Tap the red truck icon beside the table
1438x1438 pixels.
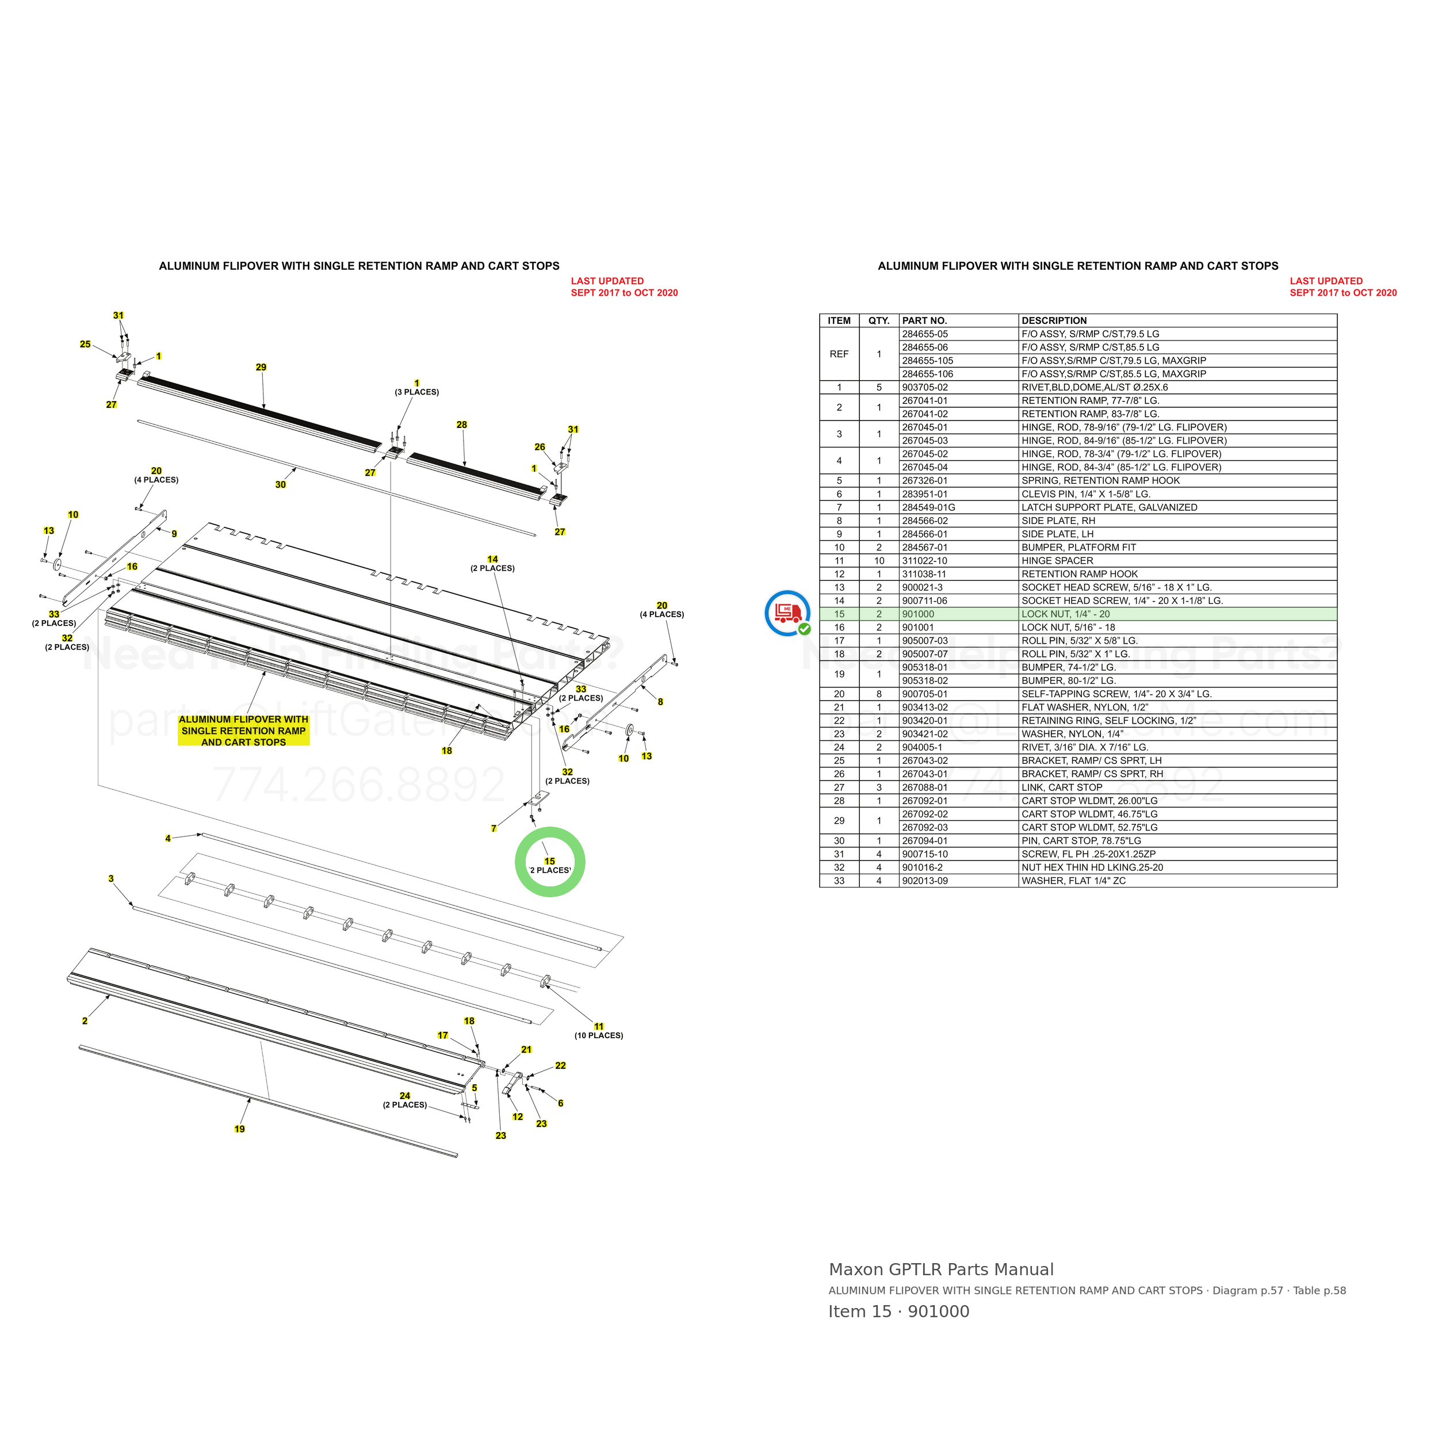pyautogui.click(x=787, y=613)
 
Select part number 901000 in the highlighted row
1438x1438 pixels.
pyautogui.click(x=917, y=614)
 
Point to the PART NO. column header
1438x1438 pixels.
pyautogui.click(x=924, y=321)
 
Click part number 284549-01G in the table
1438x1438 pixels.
pyautogui.click(x=928, y=508)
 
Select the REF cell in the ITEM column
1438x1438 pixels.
pyautogui.click(x=839, y=354)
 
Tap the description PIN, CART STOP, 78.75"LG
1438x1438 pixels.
pyautogui.click(x=1081, y=841)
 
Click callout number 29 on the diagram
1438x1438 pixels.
pyautogui.click(x=261, y=367)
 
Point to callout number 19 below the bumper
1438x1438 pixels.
pyautogui.click(x=240, y=1129)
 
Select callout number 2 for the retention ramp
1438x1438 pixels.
pyautogui.click(x=85, y=1021)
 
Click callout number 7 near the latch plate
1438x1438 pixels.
pyautogui.click(x=494, y=828)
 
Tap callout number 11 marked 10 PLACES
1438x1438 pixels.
pyautogui.click(x=599, y=1026)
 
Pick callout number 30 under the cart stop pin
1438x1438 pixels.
pyautogui.click(x=281, y=484)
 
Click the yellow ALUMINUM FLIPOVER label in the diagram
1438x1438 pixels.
pyautogui.click(x=243, y=731)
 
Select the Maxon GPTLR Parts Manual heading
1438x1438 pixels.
pyautogui.click(x=941, y=1270)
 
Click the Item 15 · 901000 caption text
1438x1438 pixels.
pyautogui.click(x=898, y=1311)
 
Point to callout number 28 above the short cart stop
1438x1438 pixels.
pyautogui.click(x=461, y=425)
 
